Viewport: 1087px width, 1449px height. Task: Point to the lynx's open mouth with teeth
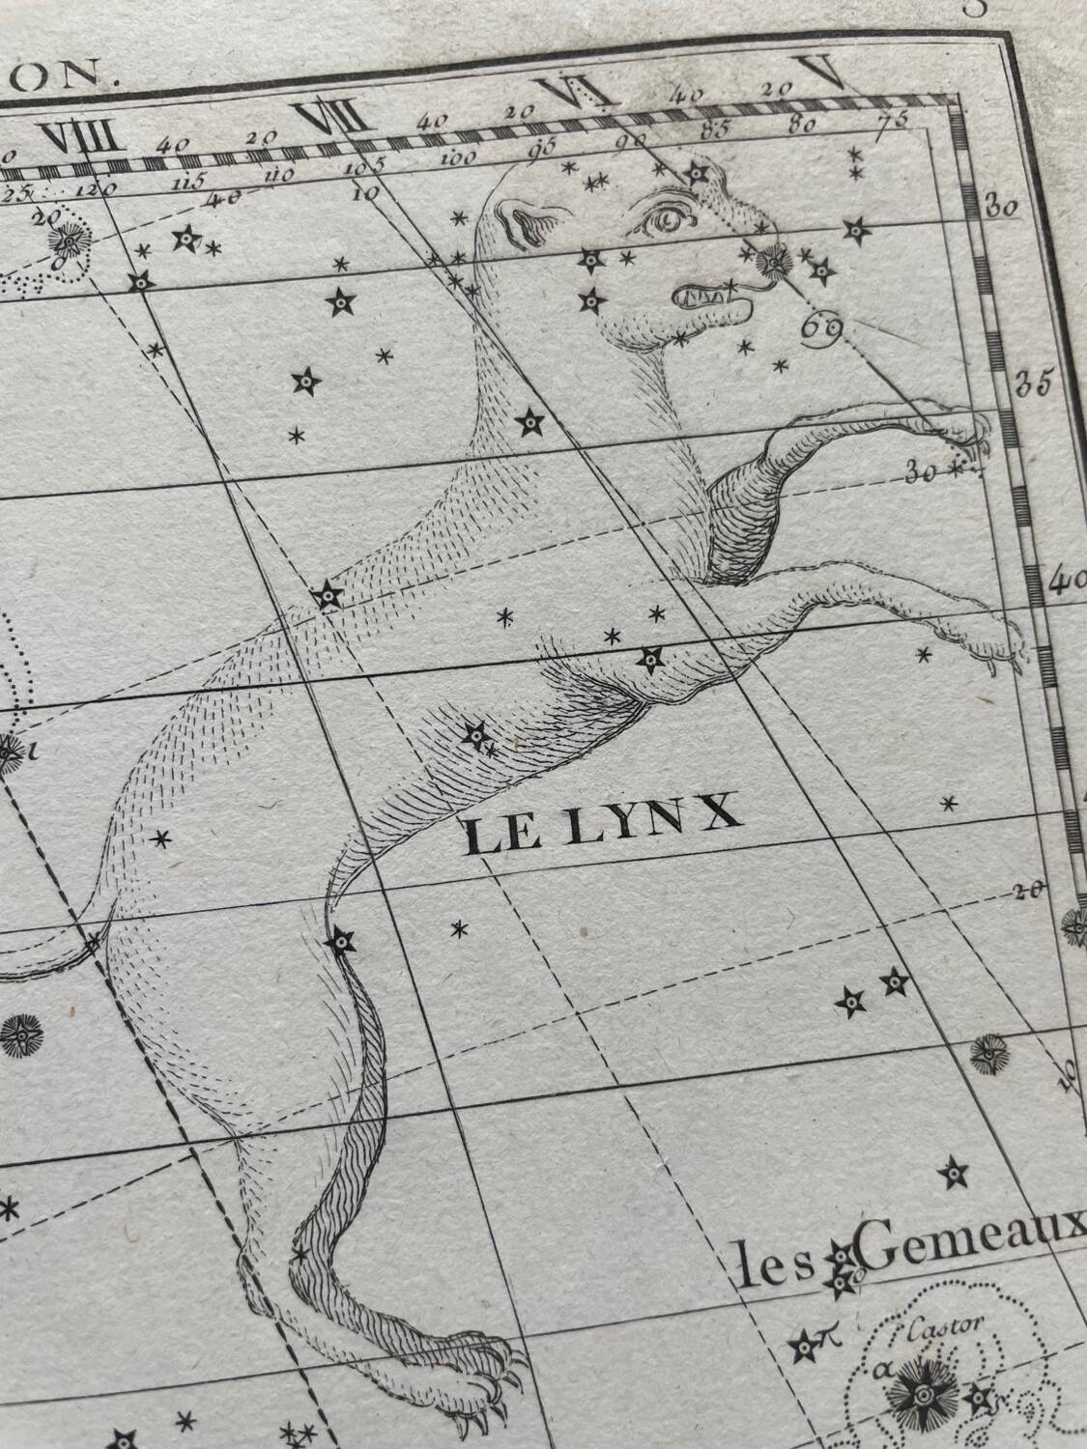tap(715, 298)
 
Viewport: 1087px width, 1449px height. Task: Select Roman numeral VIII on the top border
tap(85, 139)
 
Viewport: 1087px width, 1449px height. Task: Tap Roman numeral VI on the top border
tap(576, 95)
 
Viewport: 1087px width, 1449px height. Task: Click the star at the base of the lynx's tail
tap(341, 939)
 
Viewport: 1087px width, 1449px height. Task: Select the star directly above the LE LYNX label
tap(474, 737)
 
